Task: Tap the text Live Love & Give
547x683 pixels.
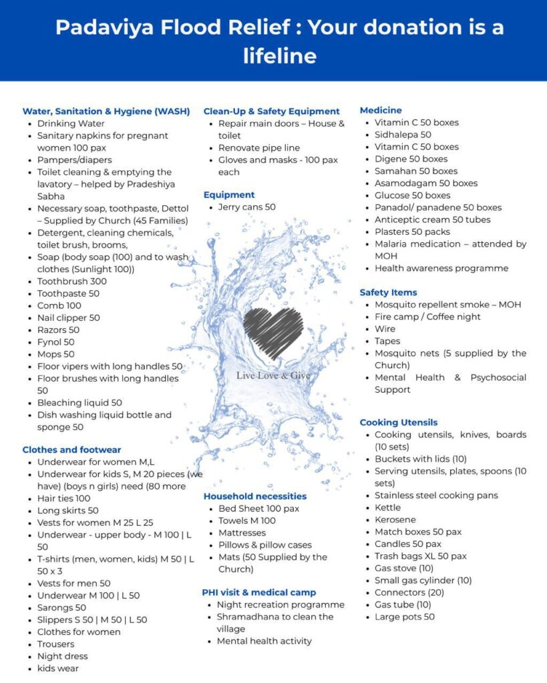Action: (x=273, y=376)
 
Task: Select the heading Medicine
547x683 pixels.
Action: (x=381, y=110)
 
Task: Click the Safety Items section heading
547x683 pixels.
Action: (x=388, y=292)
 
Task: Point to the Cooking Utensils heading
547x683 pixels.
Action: (x=399, y=422)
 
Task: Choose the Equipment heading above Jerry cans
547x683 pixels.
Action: (x=229, y=195)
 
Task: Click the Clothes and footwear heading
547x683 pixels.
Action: (x=71, y=450)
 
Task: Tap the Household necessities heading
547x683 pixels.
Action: (x=255, y=496)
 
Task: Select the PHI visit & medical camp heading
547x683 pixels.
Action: (x=259, y=592)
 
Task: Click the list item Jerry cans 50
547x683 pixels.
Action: (x=246, y=207)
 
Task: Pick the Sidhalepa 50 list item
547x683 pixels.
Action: (x=403, y=135)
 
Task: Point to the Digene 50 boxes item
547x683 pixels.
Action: (x=411, y=159)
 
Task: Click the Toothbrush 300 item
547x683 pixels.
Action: (x=71, y=281)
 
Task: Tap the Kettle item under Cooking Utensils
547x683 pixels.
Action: (x=388, y=508)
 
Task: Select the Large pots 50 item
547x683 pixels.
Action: (x=404, y=617)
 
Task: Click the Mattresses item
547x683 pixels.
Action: (x=242, y=533)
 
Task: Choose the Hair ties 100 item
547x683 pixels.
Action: (x=63, y=498)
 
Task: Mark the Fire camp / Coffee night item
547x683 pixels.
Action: (x=427, y=317)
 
